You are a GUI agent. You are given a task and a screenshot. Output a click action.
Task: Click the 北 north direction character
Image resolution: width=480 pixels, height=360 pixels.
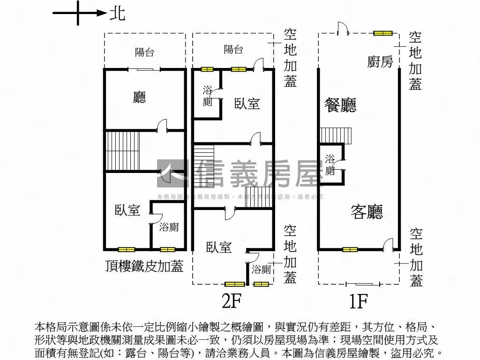[x=117, y=14]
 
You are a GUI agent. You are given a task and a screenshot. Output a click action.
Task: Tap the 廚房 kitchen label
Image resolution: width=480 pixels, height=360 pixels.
[x=380, y=62]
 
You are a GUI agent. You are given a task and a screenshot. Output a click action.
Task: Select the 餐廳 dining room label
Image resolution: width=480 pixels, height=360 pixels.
[x=340, y=105]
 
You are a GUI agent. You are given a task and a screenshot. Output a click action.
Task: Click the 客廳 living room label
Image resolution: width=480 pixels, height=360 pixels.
[x=367, y=212]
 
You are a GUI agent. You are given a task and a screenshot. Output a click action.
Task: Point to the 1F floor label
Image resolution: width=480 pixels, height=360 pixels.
[x=358, y=301]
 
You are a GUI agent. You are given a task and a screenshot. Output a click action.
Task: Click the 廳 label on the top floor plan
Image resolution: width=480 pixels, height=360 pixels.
[x=139, y=97]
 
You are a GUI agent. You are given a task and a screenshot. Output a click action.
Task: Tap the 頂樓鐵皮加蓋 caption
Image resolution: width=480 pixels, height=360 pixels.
[x=144, y=266]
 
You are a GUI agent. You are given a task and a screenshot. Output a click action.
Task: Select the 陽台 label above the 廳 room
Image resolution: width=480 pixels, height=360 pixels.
[x=144, y=52]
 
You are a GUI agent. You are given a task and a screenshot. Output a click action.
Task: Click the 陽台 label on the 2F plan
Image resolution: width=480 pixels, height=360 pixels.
[x=233, y=50]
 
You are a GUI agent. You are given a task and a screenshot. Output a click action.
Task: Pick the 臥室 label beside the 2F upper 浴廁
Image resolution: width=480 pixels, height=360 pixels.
[x=247, y=104]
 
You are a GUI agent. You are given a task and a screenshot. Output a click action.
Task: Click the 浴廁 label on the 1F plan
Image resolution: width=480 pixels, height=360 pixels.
[x=330, y=165]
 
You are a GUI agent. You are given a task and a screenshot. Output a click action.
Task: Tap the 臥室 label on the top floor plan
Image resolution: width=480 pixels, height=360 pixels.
[x=127, y=210]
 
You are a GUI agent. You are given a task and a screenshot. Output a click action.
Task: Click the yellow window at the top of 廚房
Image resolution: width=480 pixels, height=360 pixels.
[x=382, y=33]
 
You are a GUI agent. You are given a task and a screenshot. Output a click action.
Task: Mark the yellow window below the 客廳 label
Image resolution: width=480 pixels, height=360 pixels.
[x=350, y=249]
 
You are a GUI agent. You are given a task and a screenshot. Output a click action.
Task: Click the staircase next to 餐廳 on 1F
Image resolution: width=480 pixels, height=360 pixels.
[x=336, y=135]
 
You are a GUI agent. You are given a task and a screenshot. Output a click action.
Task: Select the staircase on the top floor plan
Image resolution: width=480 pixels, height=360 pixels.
[x=122, y=151]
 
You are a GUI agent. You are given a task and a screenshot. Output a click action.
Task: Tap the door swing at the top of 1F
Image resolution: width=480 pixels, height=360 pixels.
[x=343, y=29]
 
